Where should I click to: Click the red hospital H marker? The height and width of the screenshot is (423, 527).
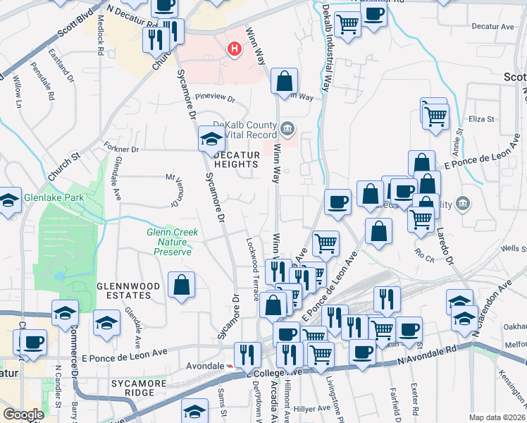click(234, 49)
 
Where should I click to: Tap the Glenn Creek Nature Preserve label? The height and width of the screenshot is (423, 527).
click(172, 242)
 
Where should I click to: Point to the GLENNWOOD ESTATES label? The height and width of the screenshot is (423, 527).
click(123, 291)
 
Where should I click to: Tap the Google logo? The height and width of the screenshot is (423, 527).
click(23, 415)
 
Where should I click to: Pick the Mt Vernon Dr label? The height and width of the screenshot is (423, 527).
click(170, 191)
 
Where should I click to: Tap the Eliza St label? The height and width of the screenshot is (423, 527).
click(483, 119)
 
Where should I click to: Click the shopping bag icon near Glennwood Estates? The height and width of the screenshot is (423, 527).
click(182, 286)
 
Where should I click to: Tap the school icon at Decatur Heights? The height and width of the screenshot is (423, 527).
click(211, 138)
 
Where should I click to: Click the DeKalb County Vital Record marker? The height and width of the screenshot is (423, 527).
click(287, 128)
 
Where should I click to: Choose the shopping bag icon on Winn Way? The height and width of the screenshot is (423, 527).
click(284, 81)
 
